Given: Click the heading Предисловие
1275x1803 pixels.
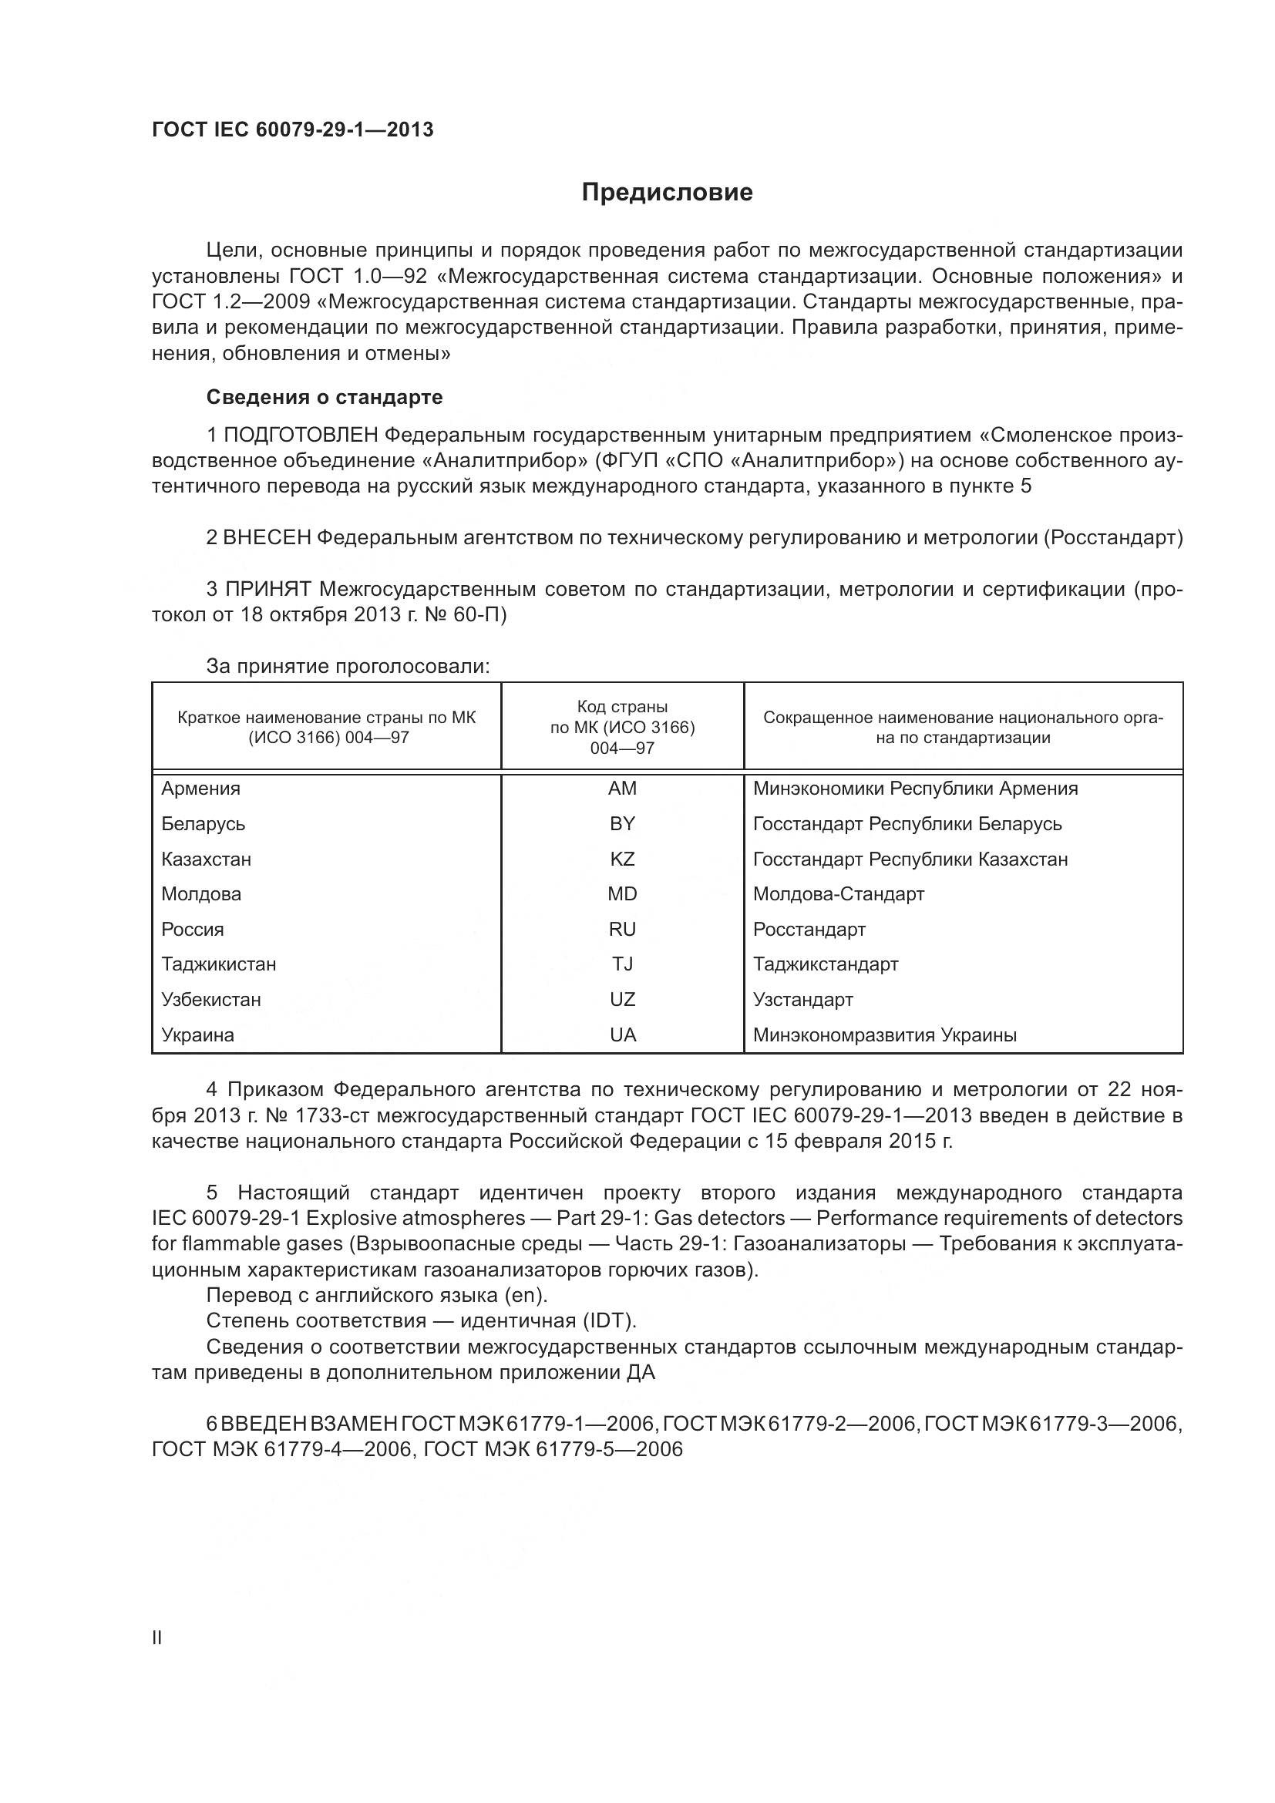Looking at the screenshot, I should tap(667, 193).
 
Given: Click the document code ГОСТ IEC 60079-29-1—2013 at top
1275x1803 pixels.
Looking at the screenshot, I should tap(292, 130).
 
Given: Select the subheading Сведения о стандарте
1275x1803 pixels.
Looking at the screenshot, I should tap(325, 397).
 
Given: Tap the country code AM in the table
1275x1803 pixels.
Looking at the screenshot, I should tap(622, 789).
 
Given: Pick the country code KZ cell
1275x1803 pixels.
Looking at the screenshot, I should tap(622, 859).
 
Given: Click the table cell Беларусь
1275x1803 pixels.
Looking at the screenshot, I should tap(204, 824).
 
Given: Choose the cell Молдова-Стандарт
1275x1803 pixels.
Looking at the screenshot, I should tap(839, 894).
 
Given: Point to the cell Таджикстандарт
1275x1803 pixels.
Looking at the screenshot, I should tap(825, 964).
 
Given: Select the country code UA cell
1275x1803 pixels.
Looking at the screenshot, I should tap(623, 1035).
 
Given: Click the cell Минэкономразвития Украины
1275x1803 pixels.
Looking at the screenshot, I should tap(885, 1035).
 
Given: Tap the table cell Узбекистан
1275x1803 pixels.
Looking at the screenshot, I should tap(211, 1000).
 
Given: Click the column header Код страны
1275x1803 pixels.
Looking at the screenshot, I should tap(622, 707).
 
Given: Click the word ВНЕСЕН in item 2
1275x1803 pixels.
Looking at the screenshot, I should tap(267, 538).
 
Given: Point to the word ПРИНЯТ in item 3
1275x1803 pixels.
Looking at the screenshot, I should tap(269, 590).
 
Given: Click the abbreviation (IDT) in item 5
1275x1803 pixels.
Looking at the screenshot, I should tap(608, 1321).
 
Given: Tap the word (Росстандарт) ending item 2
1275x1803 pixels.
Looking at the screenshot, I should tap(1113, 538).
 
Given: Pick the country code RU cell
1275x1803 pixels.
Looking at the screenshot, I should tap(622, 930).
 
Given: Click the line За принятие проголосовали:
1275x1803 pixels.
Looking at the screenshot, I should tap(348, 667).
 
